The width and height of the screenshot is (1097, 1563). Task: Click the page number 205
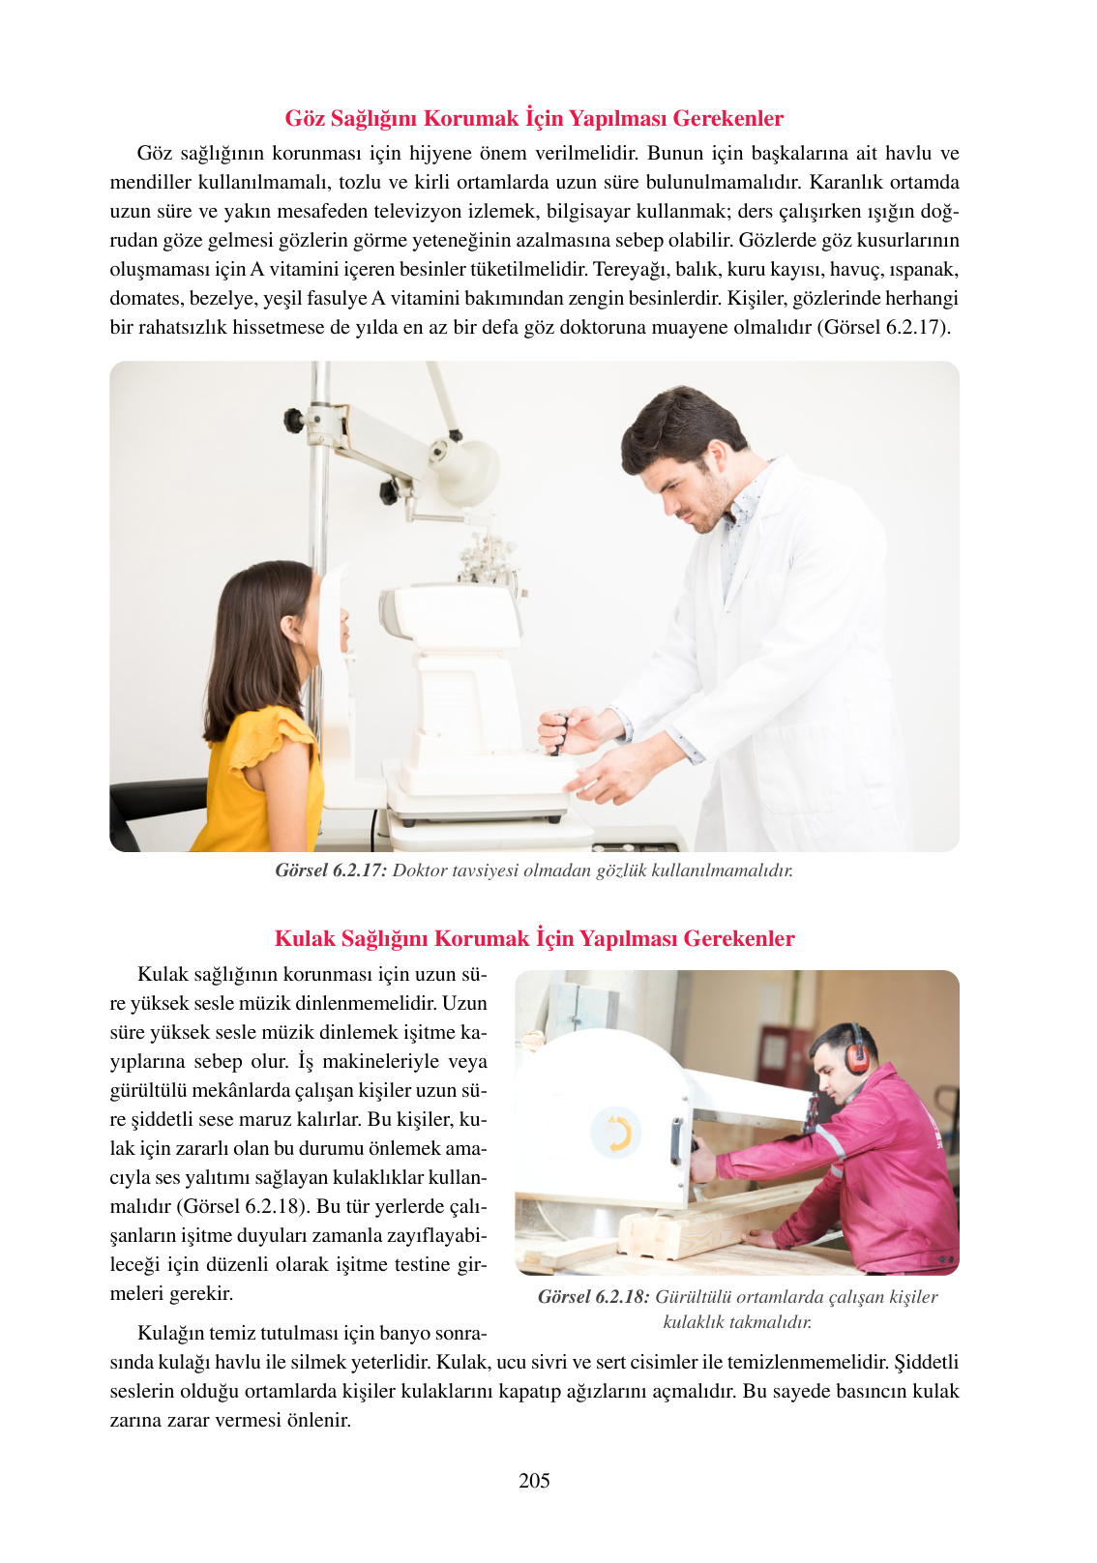pos(534,1480)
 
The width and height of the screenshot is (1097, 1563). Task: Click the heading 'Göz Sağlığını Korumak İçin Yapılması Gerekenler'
pos(534,118)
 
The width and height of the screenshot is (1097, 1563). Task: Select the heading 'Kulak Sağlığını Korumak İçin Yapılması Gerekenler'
pos(534,938)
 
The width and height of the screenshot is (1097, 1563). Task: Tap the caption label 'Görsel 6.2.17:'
pos(331,870)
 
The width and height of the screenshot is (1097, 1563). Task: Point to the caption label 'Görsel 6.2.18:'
pos(593,1296)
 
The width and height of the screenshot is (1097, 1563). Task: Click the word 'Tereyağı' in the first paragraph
pos(625,269)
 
